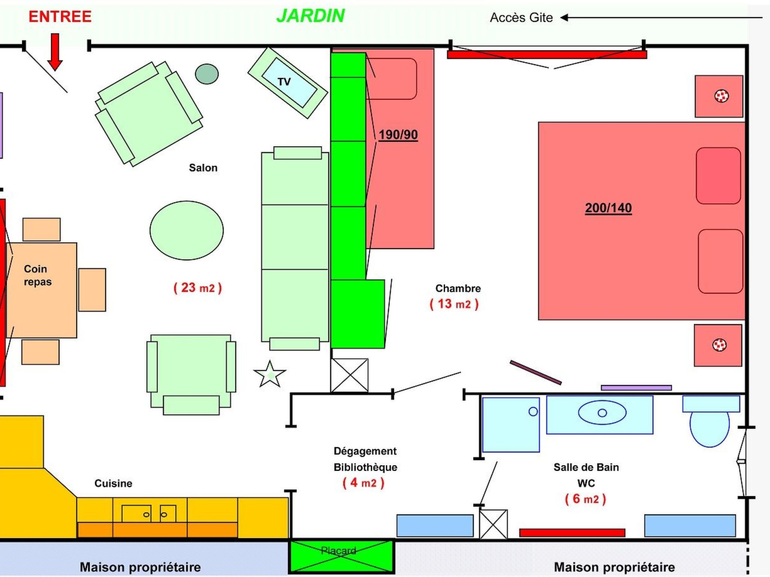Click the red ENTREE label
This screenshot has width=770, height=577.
[x=60, y=17]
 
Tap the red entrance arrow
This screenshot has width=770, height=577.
[x=55, y=52]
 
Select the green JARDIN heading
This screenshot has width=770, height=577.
[x=311, y=16]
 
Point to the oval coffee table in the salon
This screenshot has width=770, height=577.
[x=186, y=230]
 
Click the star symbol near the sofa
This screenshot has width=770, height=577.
[x=270, y=375]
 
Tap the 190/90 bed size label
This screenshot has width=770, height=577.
[x=398, y=134]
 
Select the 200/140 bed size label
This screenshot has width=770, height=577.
[x=608, y=208]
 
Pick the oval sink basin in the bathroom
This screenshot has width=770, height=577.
[x=602, y=413]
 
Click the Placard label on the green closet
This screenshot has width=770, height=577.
[x=338, y=551]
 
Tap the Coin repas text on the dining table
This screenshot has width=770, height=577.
[x=38, y=275]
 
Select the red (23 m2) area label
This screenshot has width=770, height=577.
[x=198, y=288]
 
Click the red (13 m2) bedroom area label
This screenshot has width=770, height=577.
[x=454, y=304]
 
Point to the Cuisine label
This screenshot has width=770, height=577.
[x=113, y=483]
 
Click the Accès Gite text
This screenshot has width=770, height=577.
[x=521, y=18]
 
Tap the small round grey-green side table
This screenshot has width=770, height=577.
[x=207, y=74]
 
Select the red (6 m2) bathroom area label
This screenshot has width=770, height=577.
[x=585, y=499]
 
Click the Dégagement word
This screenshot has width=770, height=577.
[x=365, y=451]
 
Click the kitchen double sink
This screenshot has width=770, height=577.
[x=149, y=514]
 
